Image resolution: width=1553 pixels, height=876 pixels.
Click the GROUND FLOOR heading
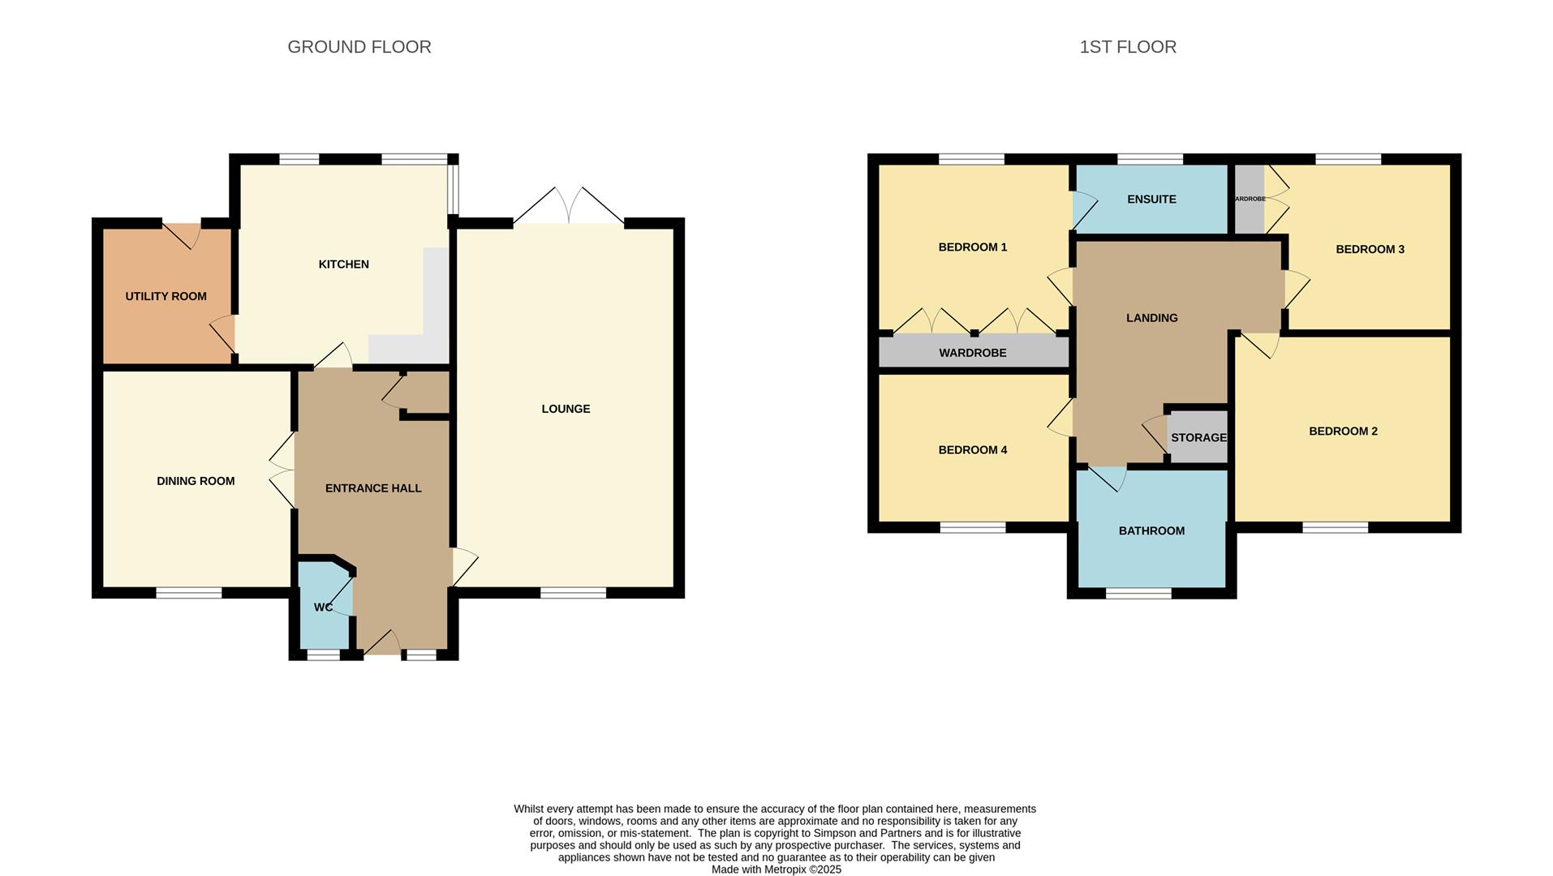pos(359,47)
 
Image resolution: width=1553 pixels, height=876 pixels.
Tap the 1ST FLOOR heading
pos(1127,47)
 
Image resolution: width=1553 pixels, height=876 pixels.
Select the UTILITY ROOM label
pos(166,297)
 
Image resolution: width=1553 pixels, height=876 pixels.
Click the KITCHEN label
pos(343,264)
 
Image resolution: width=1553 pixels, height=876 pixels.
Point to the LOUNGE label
pos(566,409)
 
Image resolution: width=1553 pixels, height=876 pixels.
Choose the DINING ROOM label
pos(196,481)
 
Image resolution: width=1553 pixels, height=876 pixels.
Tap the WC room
pos(323,607)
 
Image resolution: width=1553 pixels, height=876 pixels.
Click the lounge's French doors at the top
pos(569,207)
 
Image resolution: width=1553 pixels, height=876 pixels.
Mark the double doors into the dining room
pos(283,470)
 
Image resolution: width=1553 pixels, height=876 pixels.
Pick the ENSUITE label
pos(1151,200)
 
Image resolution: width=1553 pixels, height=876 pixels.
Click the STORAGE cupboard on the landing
pos(1198,438)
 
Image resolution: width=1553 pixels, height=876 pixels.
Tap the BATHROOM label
pos(1151,531)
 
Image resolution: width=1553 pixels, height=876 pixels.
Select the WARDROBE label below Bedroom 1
pos(972,353)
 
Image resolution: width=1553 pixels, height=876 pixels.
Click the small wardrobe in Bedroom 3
pos(1250,199)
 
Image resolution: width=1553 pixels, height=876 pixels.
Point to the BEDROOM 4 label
pos(972,450)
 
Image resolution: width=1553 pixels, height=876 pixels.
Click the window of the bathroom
pos(1138,594)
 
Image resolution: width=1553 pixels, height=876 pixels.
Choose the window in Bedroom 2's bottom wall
pos(1335,528)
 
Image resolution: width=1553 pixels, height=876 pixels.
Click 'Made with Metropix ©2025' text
pos(776,870)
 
